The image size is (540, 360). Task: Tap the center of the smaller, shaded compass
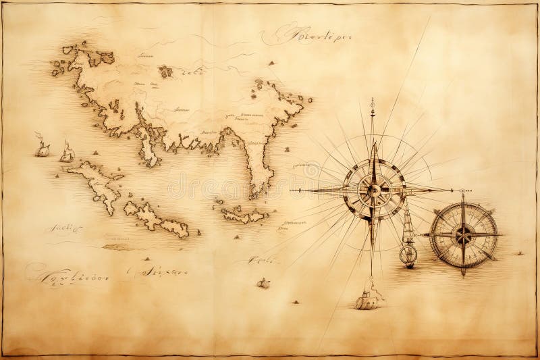click(464, 234)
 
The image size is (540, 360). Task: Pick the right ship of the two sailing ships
click(67, 153)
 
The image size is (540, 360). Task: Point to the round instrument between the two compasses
click(407, 255)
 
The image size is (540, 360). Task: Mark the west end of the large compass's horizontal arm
click(292, 191)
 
